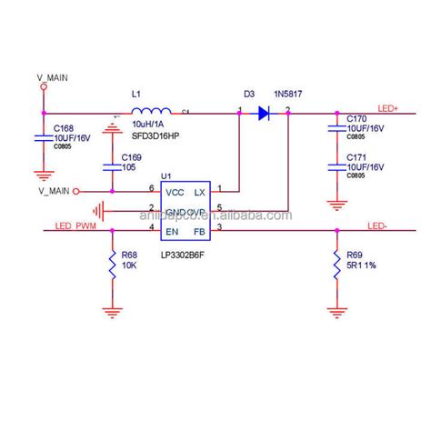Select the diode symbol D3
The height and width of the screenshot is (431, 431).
(264, 114)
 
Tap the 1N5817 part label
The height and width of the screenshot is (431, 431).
(288, 94)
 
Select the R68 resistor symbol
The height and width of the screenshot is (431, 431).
(112, 264)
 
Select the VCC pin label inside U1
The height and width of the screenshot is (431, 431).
(174, 192)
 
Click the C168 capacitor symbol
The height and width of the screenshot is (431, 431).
(42, 137)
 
